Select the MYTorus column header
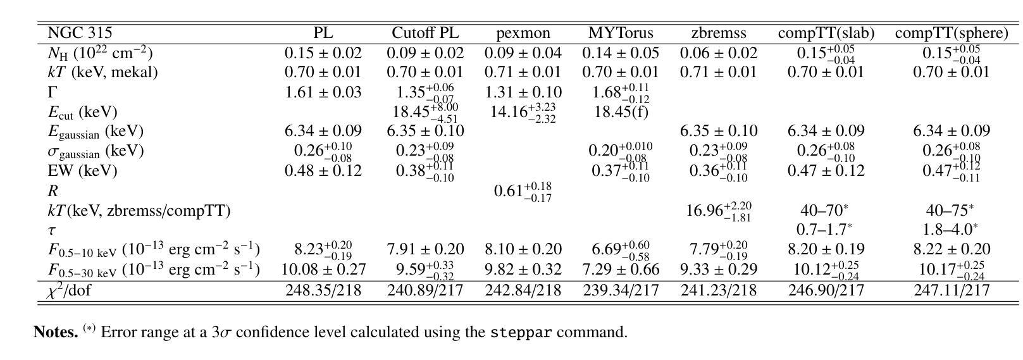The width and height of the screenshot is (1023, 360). coord(621,33)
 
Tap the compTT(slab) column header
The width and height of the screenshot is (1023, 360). coord(826,33)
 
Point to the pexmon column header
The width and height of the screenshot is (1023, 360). coord(523,33)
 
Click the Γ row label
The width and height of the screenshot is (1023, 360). coord(53,92)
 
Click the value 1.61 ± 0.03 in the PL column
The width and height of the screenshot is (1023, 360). coord(323,92)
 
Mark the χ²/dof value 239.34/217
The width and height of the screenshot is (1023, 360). coord(621,290)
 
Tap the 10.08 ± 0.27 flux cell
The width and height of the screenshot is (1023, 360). coord(323,270)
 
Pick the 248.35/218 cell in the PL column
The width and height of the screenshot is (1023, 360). coord(323,290)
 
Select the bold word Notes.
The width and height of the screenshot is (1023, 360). coord(56,332)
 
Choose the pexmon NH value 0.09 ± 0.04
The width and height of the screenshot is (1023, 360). coord(523,54)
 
